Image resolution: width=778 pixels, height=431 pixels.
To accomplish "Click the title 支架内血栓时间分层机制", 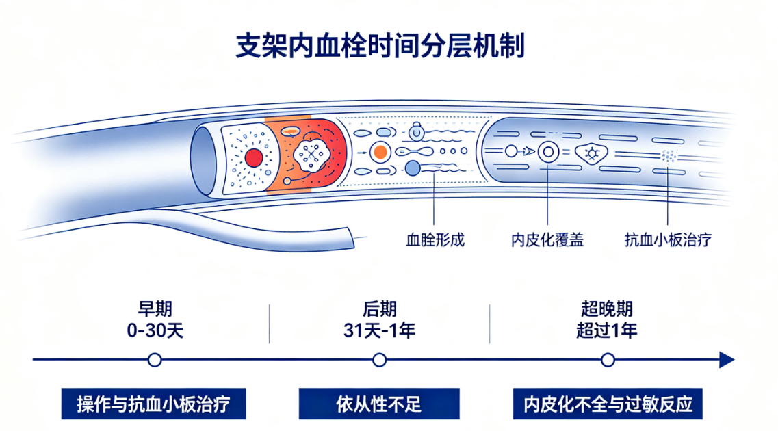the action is click(380, 46).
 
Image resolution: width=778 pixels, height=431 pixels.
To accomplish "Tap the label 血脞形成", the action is click(435, 240).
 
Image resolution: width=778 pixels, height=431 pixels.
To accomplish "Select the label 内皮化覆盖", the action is click(547, 240).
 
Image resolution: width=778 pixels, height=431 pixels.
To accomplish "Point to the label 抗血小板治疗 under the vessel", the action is click(668, 240).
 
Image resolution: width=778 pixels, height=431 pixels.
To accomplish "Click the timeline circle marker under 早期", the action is click(155, 360).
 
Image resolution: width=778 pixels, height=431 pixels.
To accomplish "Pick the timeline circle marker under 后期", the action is click(380, 360).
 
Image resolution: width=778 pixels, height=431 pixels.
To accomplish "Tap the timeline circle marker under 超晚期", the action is click(608, 360).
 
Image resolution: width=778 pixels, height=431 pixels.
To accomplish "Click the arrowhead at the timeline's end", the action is click(727, 360).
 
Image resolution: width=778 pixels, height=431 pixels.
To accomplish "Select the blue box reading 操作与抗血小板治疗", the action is click(154, 404).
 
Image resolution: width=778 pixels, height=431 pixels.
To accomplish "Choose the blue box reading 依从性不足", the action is click(379, 404).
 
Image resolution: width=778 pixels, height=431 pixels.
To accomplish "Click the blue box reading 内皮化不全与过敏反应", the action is click(608, 404).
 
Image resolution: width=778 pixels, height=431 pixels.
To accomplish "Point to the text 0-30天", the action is click(155, 330).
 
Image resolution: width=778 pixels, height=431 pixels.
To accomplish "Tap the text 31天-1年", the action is click(380, 330).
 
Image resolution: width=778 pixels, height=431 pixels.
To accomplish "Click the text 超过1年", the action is click(608, 330).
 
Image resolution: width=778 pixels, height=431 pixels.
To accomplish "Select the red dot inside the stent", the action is click(254, 158).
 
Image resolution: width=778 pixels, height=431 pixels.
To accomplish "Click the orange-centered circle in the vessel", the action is click(380, 152).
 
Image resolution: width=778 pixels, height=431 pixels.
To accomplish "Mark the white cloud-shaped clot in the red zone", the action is click(311, 155).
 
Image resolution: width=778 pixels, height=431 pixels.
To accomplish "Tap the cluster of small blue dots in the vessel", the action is click(669, 156).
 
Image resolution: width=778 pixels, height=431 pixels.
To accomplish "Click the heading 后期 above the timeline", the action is click(380, 309).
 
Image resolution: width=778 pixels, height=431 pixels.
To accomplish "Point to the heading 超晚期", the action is click(608, 309).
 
